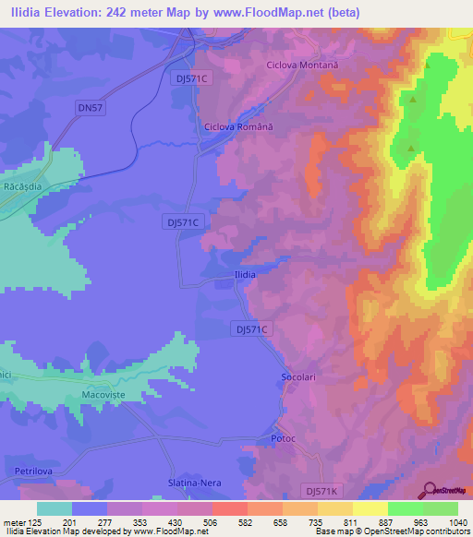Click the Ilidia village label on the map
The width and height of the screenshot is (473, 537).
243,275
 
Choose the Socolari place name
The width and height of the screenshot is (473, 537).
299,378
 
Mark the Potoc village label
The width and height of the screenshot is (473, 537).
283,439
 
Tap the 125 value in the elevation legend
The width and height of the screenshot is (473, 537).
30,522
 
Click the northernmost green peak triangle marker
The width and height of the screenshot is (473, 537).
428,66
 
